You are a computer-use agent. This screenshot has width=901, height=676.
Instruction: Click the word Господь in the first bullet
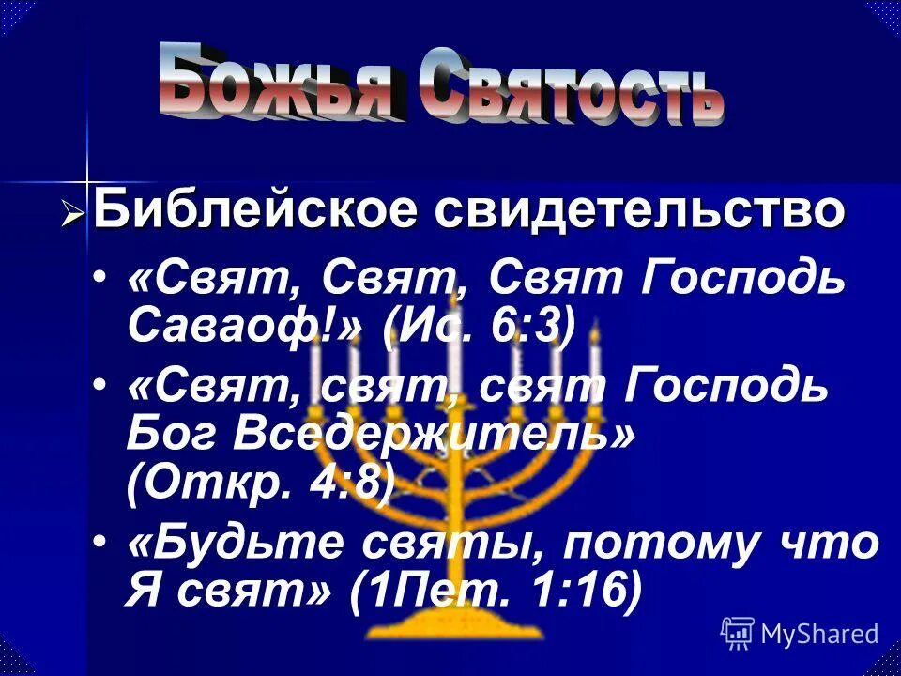[x=742, y=279]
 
